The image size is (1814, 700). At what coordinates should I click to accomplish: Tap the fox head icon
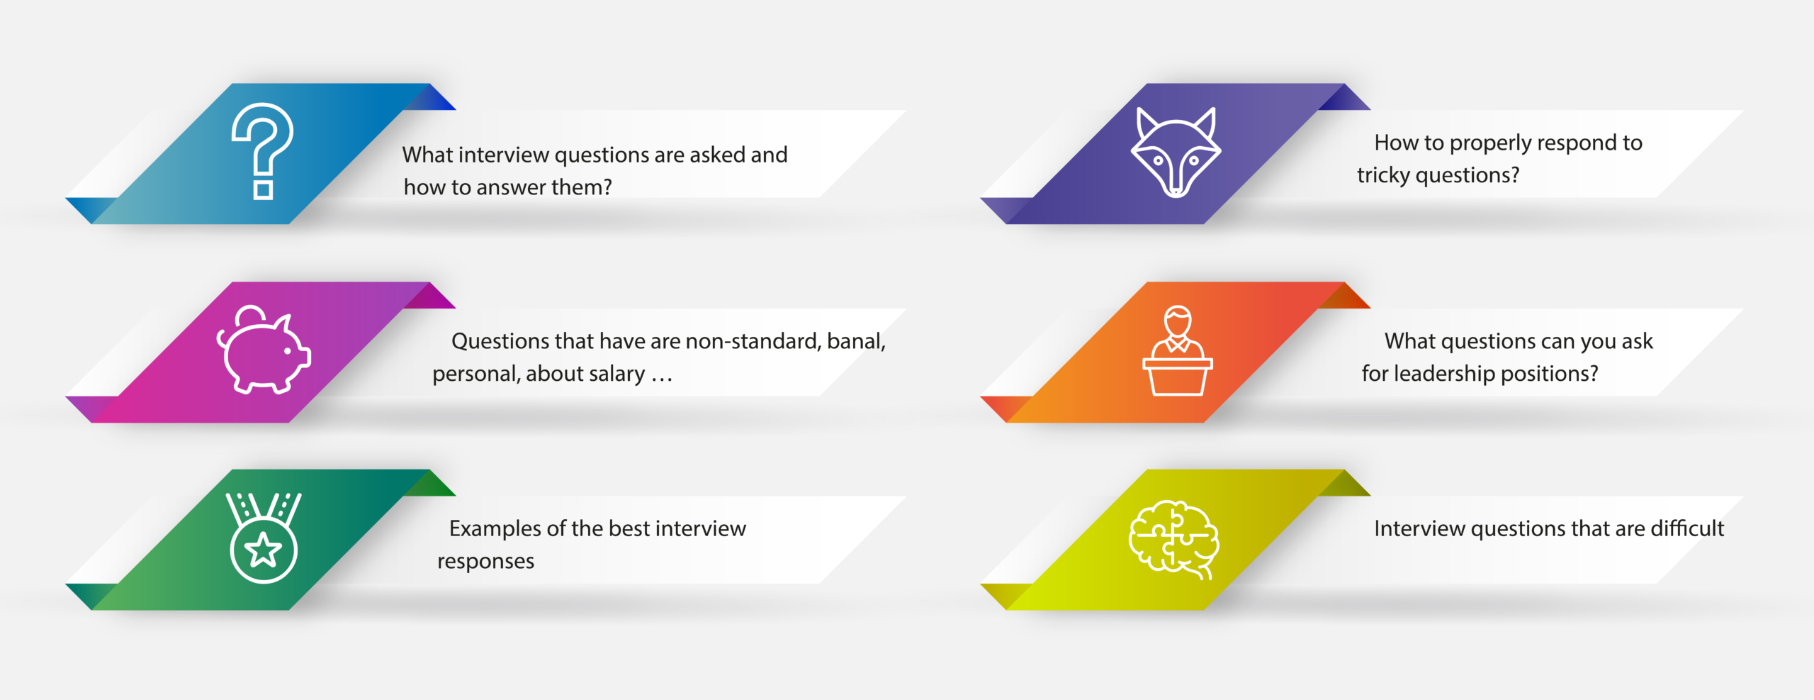pos(1176,152)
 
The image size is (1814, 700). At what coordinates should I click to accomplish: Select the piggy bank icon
pos(263,349)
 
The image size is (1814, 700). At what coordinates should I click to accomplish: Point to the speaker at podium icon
pos(1177,350)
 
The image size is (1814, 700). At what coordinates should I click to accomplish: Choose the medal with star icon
pos(264,538)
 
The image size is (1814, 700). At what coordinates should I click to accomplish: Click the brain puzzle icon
pos(1173,539)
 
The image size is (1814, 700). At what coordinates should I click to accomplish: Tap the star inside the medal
pos(264,550)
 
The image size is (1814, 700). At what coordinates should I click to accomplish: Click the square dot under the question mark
pos(264,189)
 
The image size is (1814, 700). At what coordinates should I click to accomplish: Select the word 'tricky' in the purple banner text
pos(1382,175)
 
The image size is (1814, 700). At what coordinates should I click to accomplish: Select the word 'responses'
pos(485,561)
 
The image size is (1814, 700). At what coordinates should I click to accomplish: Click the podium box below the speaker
pos(1177,377)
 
